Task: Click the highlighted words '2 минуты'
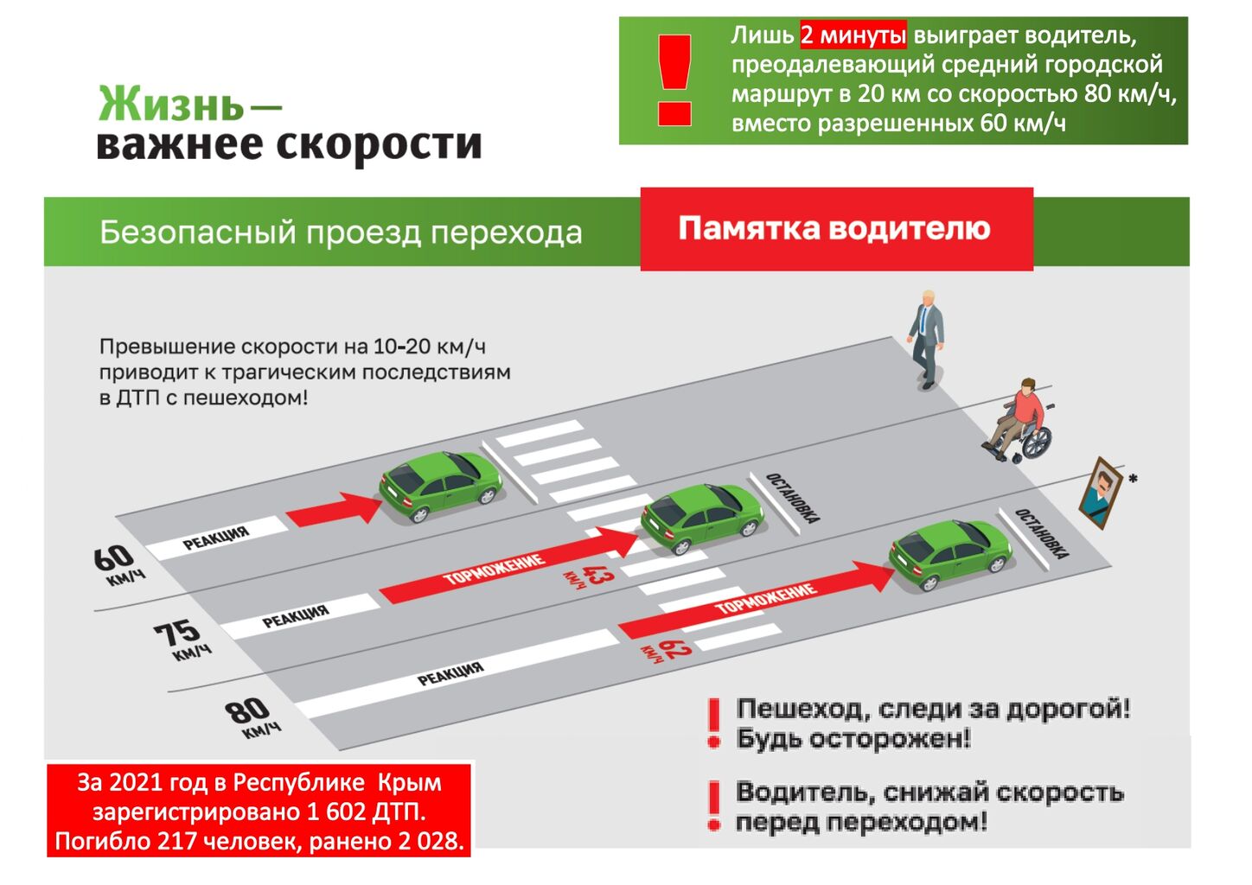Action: point(853,35)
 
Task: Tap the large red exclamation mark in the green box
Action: point(674,80)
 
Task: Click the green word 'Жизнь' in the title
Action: point(171,104)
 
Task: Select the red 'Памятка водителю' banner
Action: point(837,229)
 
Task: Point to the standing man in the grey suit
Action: point(927,339)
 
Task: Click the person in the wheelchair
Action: point(1019,419)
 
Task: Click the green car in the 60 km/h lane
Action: point(440,485)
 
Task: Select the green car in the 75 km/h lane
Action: point(702,519)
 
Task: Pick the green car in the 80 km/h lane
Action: point(950,554)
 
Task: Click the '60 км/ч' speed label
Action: point(118,565)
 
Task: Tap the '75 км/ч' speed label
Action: point(182,640)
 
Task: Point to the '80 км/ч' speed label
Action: point(252,717)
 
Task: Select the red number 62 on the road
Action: point(667,650)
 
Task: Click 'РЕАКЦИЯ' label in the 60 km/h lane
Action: point(216,538)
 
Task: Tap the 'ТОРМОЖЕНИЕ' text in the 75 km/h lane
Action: point(494,569)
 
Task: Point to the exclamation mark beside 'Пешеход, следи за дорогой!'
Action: point(713,723)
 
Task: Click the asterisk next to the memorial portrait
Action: point(1133,479)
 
